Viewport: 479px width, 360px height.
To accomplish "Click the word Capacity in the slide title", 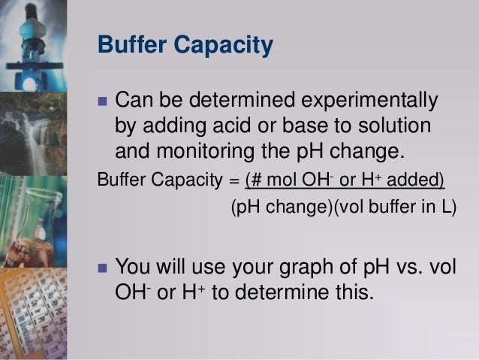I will point(227,46).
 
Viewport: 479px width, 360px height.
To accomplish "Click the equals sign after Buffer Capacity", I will point(234,181).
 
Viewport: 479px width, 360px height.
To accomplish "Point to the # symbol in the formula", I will point(255,180).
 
